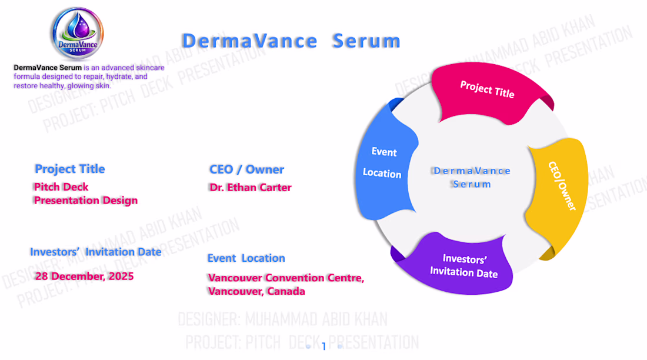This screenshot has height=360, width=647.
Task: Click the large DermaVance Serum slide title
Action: [291, 41]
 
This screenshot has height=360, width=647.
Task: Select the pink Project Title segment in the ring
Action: [488, 91]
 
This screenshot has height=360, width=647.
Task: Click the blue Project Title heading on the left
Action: [70, 169]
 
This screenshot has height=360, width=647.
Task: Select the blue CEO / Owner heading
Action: [247, 169]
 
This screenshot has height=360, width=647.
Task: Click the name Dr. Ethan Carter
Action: [251, 188]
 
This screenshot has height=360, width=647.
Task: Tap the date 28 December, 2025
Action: [84, 276]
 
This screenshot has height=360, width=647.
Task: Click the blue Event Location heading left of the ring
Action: [246, 258]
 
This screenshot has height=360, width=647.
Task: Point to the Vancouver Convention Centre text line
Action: [286, 278]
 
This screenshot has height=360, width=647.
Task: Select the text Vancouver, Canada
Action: [256, 291]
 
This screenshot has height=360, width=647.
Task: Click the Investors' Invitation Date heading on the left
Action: [96, 252]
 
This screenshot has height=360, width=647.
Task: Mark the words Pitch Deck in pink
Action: [61, 187]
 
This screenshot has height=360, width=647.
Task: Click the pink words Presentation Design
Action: [86, 201]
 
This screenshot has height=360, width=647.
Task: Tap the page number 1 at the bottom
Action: [323, 347]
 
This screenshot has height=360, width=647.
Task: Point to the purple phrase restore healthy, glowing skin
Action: [62, 86]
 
